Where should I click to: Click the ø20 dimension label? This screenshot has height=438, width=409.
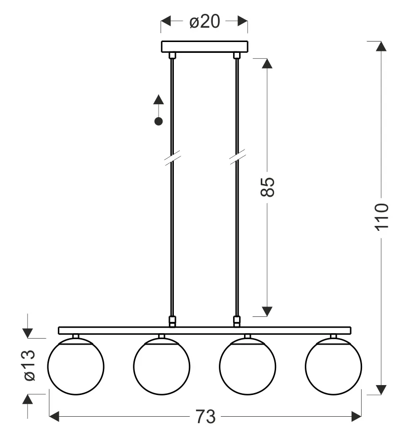point(204,21)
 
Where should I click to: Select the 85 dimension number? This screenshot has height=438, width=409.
point(267,187)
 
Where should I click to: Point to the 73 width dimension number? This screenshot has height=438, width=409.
point(204,417)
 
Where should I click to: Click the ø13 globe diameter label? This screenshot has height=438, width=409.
point(29,365)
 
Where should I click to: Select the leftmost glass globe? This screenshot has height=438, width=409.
point(76,366)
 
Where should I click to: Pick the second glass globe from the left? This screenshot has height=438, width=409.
point(162,366)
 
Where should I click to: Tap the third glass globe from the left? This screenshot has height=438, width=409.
point(247,366)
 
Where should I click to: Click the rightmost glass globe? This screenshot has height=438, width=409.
point(333,366)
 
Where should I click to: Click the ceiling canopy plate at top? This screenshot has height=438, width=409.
point(204,46)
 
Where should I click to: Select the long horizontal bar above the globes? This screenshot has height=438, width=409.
point(204,330)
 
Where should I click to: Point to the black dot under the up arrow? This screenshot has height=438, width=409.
point(159,121)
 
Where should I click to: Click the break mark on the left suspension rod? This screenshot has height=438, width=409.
point(172,157)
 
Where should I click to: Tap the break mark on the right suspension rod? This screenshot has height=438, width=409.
point(237,157)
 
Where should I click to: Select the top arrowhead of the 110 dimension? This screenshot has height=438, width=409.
point(380,46)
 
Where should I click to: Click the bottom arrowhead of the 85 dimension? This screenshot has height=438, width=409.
point(267,311)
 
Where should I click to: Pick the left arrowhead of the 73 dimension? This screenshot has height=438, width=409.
point(54,417)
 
